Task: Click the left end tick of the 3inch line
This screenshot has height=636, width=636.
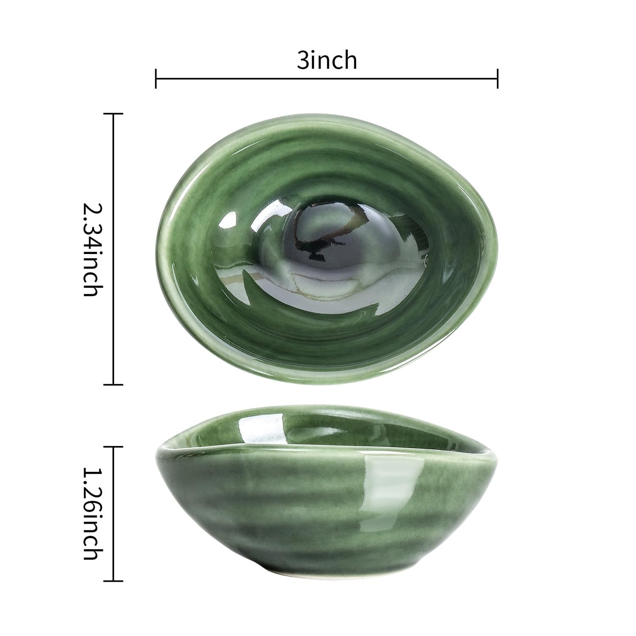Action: [156, 78]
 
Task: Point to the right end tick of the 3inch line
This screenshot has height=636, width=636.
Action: [497, 78]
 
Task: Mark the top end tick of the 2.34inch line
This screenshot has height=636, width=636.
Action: [113, 114]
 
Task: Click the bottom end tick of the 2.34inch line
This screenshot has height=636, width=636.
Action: [113, 385]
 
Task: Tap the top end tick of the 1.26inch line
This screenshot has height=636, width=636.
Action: [113, 446]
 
